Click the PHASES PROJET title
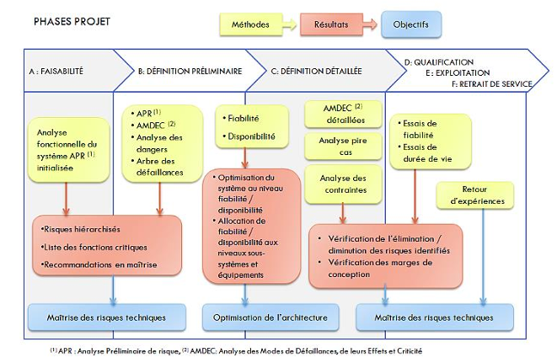click(72, 22)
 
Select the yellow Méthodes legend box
click(251, 24)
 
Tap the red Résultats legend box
click(331, 24)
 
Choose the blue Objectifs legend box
click(411, 24)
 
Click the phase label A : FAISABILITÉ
click(56, 72)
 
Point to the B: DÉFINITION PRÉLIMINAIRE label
click(190, 72)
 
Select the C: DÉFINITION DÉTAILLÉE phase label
click(317, 72)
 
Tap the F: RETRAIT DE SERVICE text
click(492, 84)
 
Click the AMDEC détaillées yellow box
click(343, 114)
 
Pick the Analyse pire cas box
click(343, 147)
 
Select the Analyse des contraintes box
click(343, 184)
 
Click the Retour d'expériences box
click(475, 195)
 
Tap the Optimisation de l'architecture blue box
click(270, 318)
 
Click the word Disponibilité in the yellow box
click(251, 136)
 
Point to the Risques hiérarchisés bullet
click(81, 229)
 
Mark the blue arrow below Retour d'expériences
click(483, 257)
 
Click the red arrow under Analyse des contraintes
click(343, 213)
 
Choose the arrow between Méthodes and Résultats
click(290, 24)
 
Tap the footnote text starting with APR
click(236, 351)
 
